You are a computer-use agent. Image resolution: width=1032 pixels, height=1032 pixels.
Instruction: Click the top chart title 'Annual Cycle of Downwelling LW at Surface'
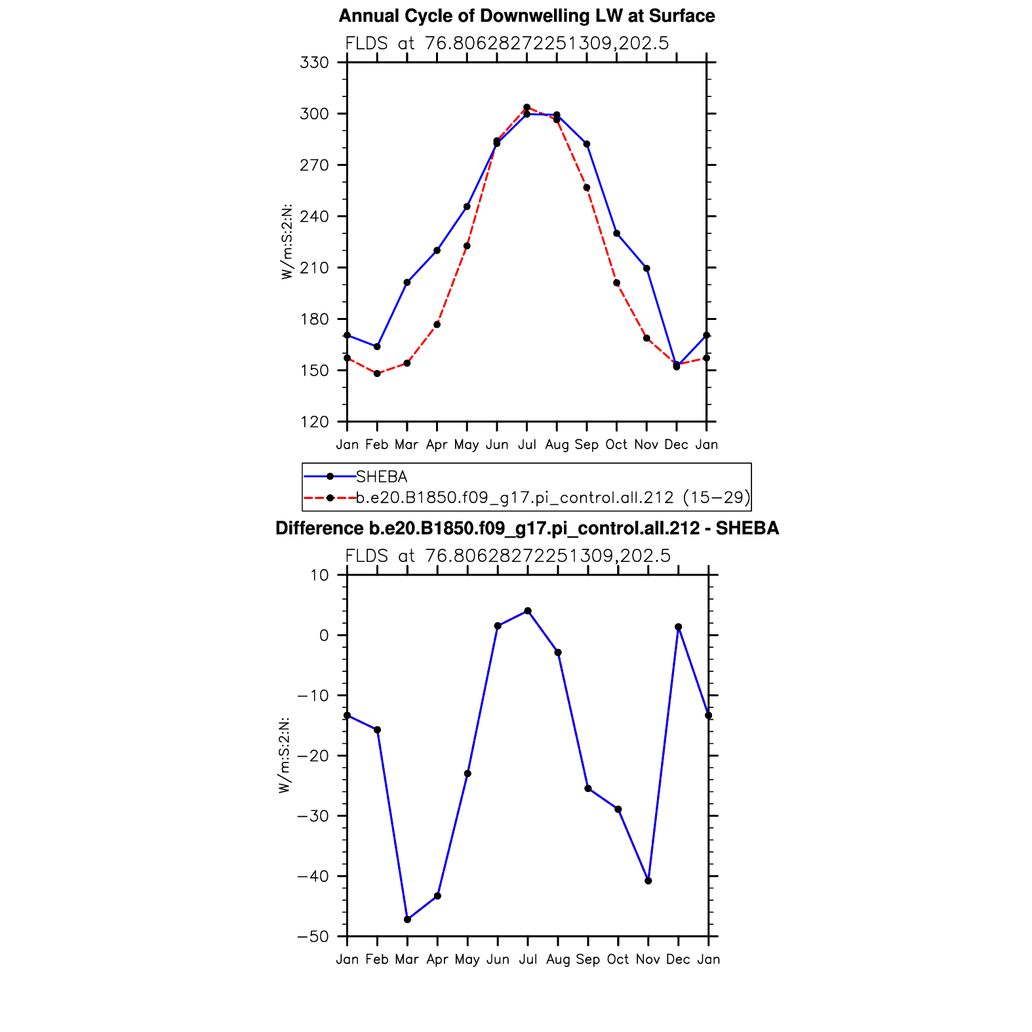[526, 16]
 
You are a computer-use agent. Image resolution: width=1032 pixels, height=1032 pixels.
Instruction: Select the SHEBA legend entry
[381, 477]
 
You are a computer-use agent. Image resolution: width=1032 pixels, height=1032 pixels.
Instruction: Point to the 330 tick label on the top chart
[314, 63]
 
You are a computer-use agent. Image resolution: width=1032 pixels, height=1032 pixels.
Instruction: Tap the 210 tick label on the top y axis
[314, 268]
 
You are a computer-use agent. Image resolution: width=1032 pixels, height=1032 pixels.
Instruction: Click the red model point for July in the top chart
[526, 107]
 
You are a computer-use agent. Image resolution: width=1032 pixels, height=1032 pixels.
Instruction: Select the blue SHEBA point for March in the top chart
[407, 283]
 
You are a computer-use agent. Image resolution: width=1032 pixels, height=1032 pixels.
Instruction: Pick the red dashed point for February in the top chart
[377, 374]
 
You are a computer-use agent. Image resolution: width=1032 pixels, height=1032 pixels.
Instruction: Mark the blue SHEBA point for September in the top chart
[587, 144]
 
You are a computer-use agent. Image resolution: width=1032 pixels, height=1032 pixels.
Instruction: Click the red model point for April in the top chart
[437, 325]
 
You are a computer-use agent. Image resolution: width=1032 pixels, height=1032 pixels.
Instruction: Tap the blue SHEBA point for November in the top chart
[646, 268]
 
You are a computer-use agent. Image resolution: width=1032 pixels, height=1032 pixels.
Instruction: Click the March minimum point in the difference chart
[407, 919]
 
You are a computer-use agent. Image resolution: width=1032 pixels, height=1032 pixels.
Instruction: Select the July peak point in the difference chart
[528, 611]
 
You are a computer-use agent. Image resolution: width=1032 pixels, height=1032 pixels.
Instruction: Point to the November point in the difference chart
[648, 881]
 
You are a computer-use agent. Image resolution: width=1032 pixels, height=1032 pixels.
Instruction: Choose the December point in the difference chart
[679, 627]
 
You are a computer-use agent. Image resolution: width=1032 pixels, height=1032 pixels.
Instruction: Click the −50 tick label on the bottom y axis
[312, 937]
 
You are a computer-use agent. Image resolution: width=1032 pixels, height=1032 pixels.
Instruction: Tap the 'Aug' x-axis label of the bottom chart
[558, 960]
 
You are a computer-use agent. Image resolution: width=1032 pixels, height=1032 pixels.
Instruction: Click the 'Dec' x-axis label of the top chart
[677, 445]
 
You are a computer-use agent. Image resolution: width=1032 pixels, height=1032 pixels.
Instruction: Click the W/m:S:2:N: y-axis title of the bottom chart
[284, 755]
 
